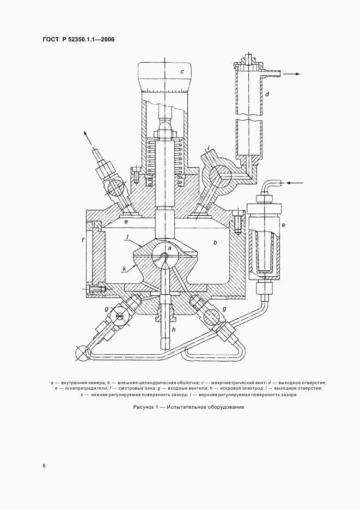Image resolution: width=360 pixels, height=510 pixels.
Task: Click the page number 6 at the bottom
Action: (44, 466)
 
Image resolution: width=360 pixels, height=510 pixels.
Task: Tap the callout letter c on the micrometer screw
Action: (182, 72)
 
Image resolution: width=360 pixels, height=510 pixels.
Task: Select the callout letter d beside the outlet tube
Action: (267, 95)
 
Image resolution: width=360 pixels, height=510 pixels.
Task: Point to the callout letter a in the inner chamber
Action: (169, 248)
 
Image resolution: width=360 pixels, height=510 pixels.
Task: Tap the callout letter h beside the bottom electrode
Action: (174, 329)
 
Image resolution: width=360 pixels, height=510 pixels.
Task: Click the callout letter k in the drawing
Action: (125, 269)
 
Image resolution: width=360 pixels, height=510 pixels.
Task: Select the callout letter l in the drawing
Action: (126, 237)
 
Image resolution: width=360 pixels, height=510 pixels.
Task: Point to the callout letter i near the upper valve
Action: (209, 148)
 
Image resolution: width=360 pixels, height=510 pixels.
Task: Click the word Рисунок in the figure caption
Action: (144, 408)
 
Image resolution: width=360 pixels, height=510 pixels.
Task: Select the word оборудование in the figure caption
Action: (221, 408)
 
